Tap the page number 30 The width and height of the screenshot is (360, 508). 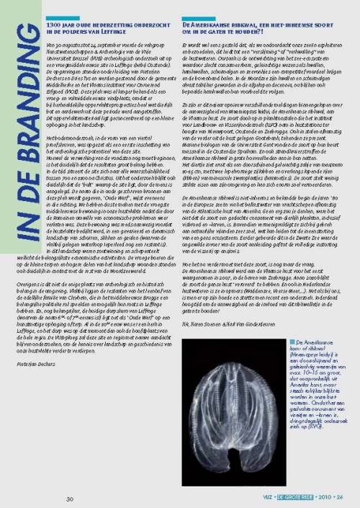tap(70, 499)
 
